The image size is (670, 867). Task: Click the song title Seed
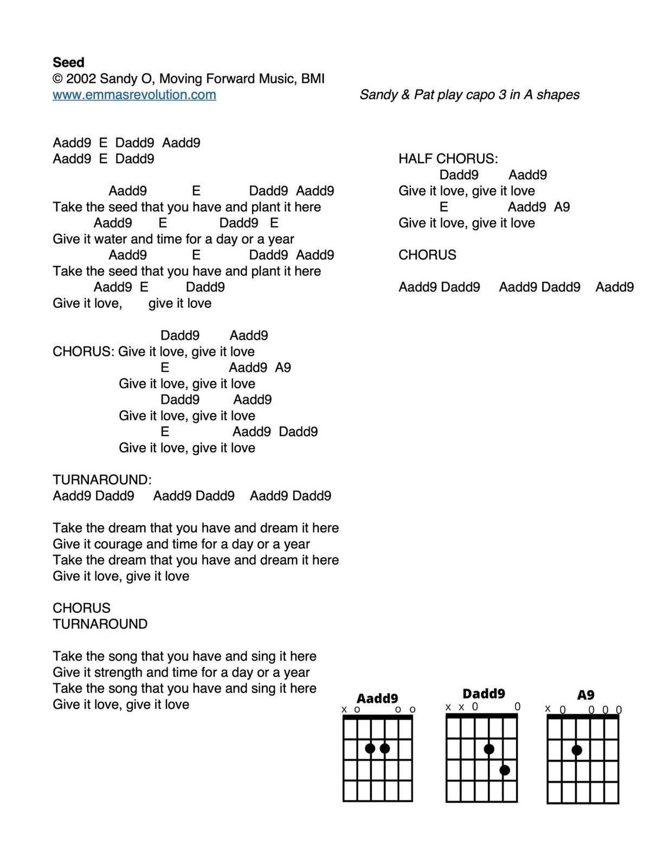coord(68,62)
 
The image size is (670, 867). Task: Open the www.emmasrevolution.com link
coord(134,95)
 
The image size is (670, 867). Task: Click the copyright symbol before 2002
coord(57,79)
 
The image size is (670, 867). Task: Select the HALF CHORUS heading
coord(448,159)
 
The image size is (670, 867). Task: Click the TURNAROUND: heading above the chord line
coord(102,480)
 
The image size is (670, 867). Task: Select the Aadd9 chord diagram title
coord(377,698)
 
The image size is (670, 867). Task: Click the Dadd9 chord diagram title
coord(484,694)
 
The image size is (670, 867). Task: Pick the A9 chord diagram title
coord(585,695)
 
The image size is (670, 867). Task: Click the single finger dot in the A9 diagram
coord(577,750)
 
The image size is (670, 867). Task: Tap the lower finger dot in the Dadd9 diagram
coord(505,770)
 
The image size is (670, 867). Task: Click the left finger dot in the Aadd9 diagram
coord(370,748)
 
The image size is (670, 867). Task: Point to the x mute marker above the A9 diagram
coord(547,708)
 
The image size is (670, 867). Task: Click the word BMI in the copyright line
coord(313,79)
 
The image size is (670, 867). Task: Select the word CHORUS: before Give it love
coord(83,352)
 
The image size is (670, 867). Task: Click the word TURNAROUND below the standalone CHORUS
coord(100,624)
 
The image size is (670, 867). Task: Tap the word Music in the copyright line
coord(277,79)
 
